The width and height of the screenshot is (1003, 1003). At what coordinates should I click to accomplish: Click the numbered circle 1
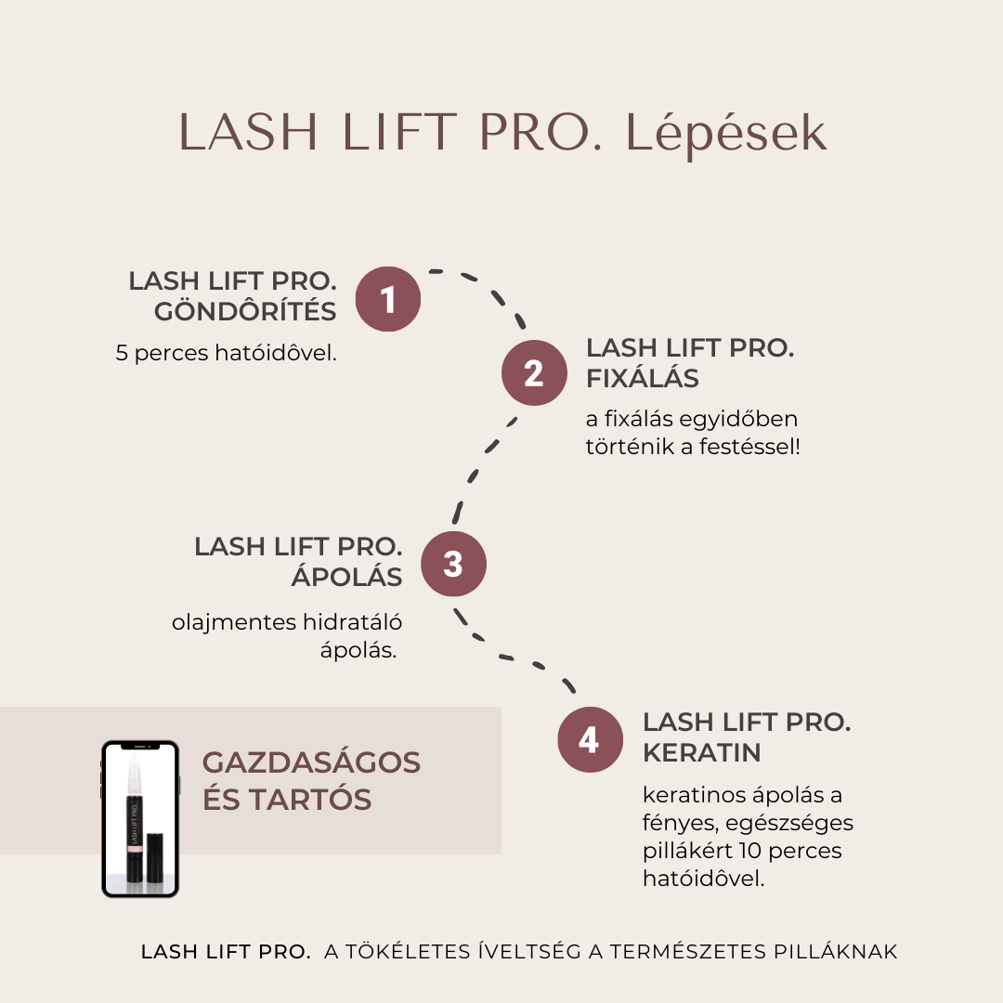[387, 299]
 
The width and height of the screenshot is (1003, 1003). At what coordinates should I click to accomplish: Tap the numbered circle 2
[534, 373]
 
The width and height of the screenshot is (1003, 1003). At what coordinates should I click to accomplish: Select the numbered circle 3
[453, 564]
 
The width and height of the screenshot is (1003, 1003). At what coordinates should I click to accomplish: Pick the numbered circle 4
[590, 739]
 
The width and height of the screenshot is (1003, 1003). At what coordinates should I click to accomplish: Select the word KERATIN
[702, 753]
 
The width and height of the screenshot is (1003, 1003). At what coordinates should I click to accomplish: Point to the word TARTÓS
[310, 799]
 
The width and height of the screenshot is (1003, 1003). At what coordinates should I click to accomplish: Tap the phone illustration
[140, 819]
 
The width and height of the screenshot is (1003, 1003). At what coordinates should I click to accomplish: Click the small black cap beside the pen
[155, 858]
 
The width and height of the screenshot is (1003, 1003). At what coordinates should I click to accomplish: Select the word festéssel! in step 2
[749, 447]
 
